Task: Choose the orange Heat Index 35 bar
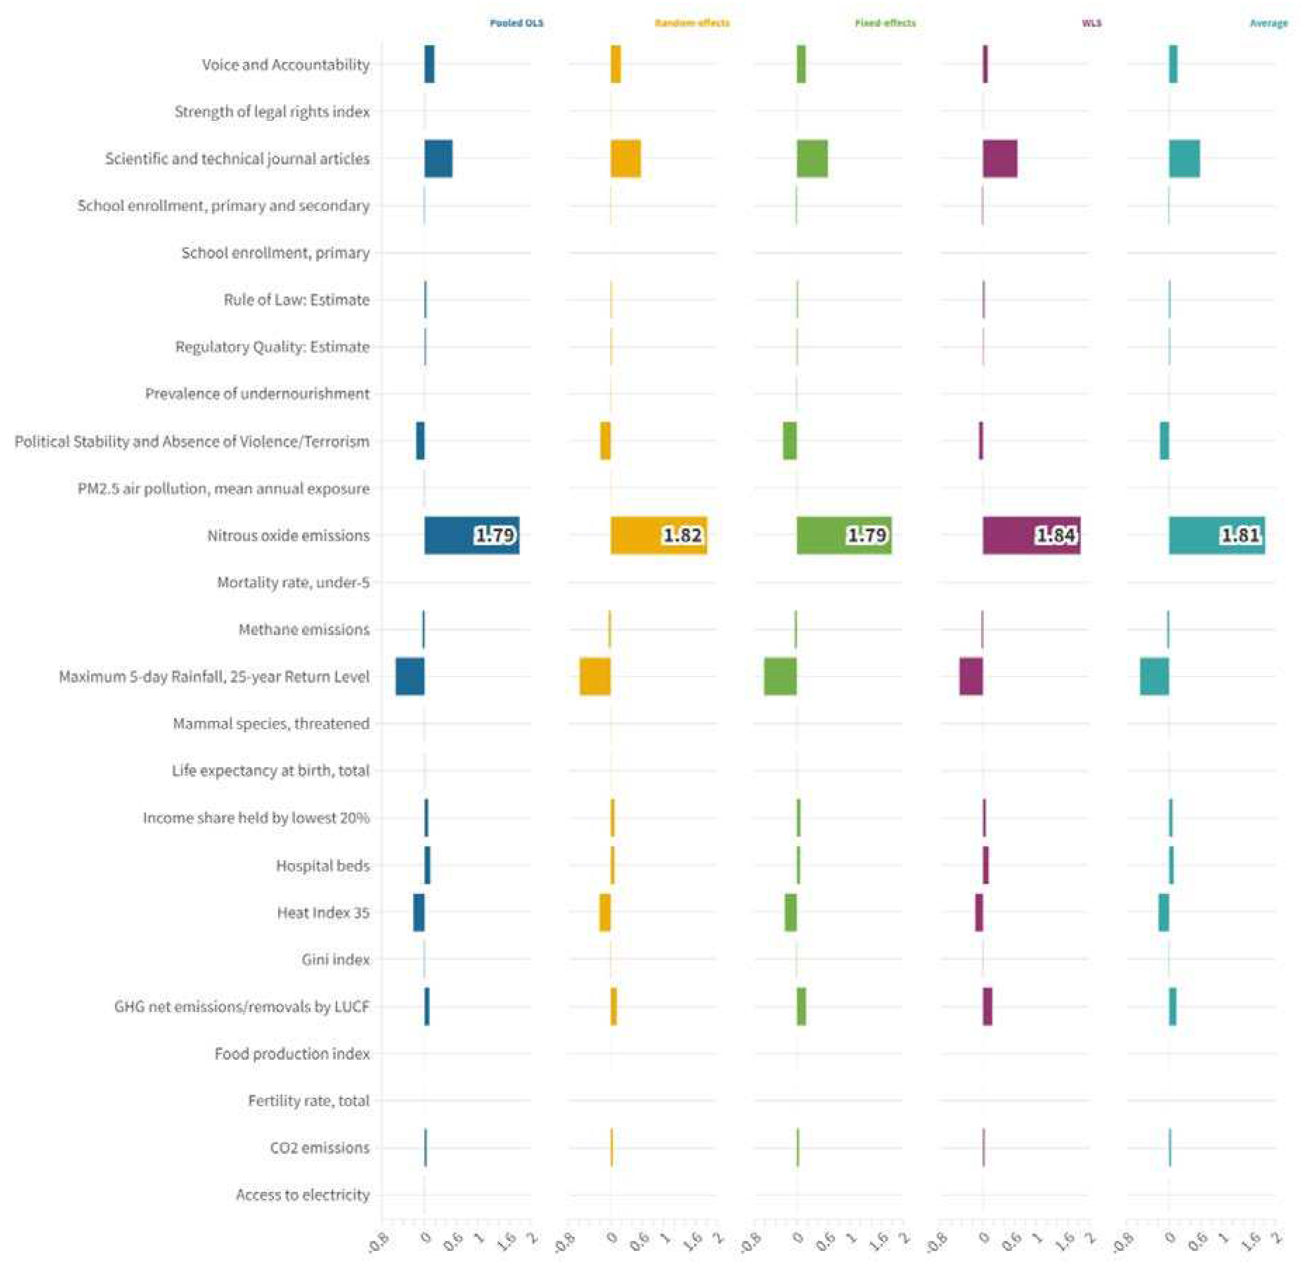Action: click(604, 912)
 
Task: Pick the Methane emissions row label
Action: click(304, 629)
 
